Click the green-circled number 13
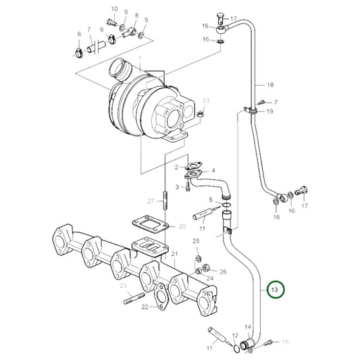click(275, 290)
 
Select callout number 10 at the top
click(113, 9)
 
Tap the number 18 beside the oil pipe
click(269, 85)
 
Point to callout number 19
click(269, 111)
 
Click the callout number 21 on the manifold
click(174, 254)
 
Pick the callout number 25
click(196, 241)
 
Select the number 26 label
click(224, 272)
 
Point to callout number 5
click(211, 199)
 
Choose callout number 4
click(213, 171)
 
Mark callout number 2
click(176, 167)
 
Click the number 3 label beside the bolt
click(176, 186)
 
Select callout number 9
click(125, 13)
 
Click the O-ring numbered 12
click(238, 348)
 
